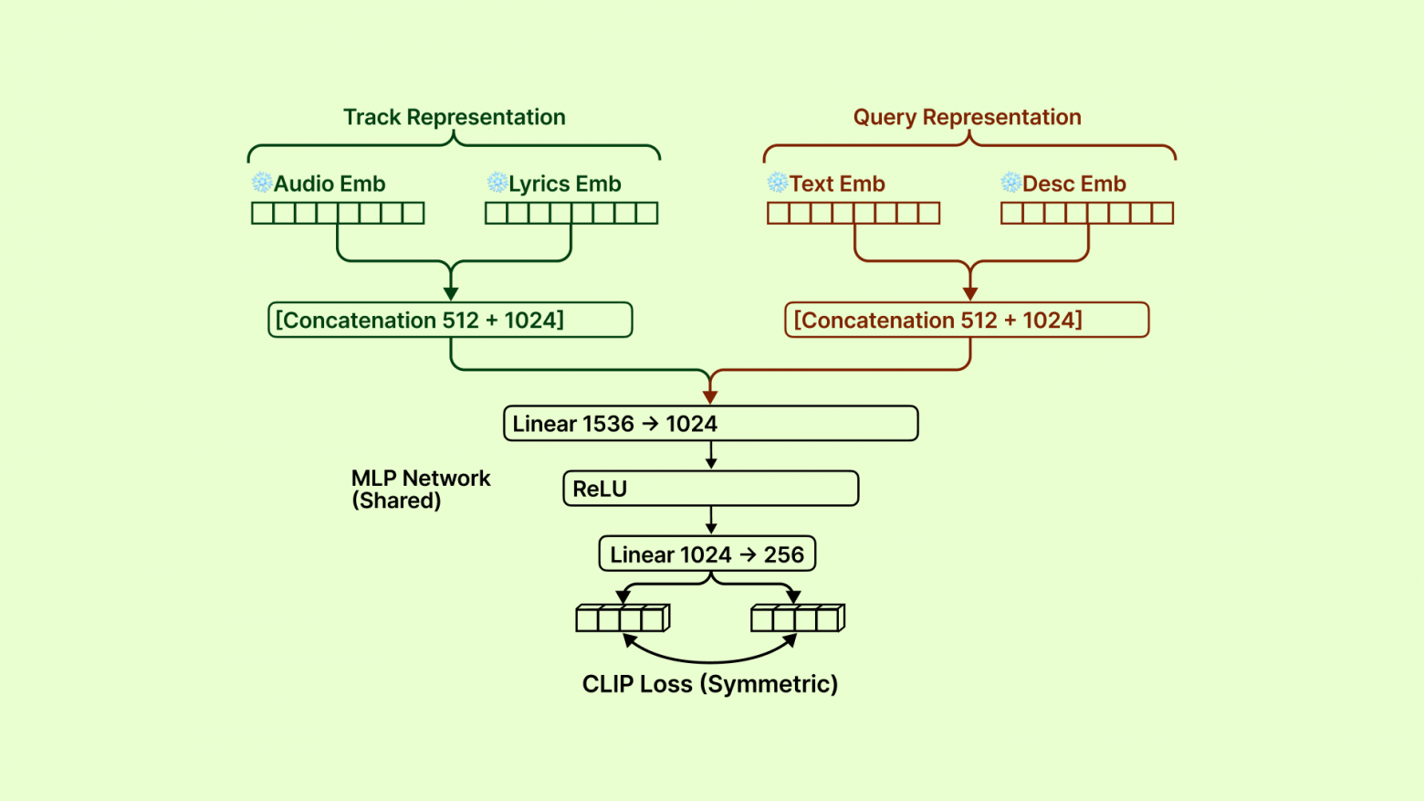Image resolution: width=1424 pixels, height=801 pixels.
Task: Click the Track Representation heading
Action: pyautogui.click(x=454, y=117)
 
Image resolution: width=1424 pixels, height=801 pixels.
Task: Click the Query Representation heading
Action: pyautogui.click(x=967, y=117)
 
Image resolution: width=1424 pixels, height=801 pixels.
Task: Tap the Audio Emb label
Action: pyautogui.click(x=330, y=184)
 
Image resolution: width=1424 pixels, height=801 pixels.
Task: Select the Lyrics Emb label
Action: pyautogui.click(x=564, y=184)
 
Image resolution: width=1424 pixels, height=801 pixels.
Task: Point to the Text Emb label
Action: pyautogui.click(x=837, y=184)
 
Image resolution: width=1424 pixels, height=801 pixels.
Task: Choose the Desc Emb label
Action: pyautogui.click(x=1073, y=184)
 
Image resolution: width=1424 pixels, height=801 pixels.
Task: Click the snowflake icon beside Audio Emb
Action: pyautogui.click(x=262, y=183)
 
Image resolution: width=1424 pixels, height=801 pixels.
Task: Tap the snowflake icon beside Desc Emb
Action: pyautogui.click(x=1010, y=183)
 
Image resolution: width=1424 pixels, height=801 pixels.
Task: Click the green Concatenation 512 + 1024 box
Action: pyautogui.click(x=450, y=320)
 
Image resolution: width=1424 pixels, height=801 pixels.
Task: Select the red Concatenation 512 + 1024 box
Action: pyautogui.click(x=967, y=320)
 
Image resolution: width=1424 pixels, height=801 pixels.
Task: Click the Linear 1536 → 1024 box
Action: pyautogui.click(x=710, y=424)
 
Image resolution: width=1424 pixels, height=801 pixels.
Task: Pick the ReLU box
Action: pyautogui.click(x=710, y=489)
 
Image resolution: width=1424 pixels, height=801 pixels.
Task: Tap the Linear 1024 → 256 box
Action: pyautogui.click(x=707, y=554)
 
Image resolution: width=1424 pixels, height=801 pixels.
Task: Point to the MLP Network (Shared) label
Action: pyautogui.click(x=421, y=490)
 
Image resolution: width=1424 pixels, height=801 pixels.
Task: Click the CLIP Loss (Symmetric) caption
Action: pyautogui.click(x=710, y=684)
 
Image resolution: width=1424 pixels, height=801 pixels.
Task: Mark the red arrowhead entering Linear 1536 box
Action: pyautogui.click(x=710, y=397)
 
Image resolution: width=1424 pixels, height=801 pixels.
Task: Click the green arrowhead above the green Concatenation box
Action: pyautogui.click(x=451, y=293)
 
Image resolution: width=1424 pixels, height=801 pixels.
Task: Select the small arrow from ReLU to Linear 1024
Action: pyautogui.click(x=711, y=522)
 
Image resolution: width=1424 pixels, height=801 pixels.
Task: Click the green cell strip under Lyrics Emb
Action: pyautogui.click(x=571, y=213)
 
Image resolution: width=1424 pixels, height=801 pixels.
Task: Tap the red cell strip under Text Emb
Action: pyautogui.click(x=853, y=213)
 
